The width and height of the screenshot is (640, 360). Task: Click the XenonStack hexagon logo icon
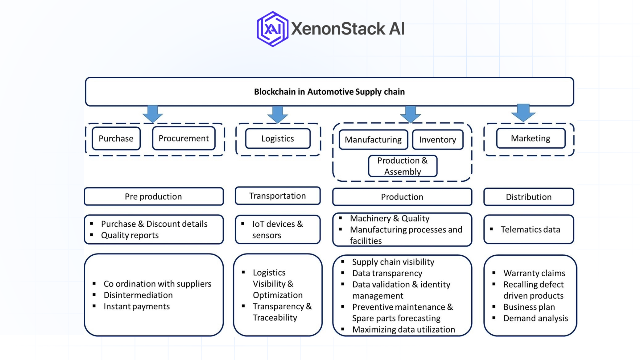click(273, 29)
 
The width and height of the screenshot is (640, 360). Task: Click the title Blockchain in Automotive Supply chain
click(329, 92)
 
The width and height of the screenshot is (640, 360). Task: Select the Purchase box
click(116, 138)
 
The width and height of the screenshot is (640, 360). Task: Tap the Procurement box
click(184, 138)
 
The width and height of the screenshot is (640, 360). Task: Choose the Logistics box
click(278, 138)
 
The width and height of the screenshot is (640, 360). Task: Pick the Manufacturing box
click(373, 139)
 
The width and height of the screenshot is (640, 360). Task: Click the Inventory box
click(437, 139)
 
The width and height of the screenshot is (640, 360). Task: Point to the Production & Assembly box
click(402, 166)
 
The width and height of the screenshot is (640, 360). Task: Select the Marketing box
click(530, 138)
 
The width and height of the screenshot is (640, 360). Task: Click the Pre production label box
click(153, 196)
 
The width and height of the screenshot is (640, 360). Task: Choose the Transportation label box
click(277, 196)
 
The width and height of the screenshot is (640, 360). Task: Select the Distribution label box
click(528, 197)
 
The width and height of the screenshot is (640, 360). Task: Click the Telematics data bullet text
click(530, 229)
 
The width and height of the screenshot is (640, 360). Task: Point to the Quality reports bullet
click(130, 235)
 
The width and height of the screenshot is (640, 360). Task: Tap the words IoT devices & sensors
click(277, 229)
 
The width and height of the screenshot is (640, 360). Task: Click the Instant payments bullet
click(136, 306)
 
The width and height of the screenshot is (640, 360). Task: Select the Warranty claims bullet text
click(534, 273)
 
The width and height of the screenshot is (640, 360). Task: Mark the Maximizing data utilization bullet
click(403, 329)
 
